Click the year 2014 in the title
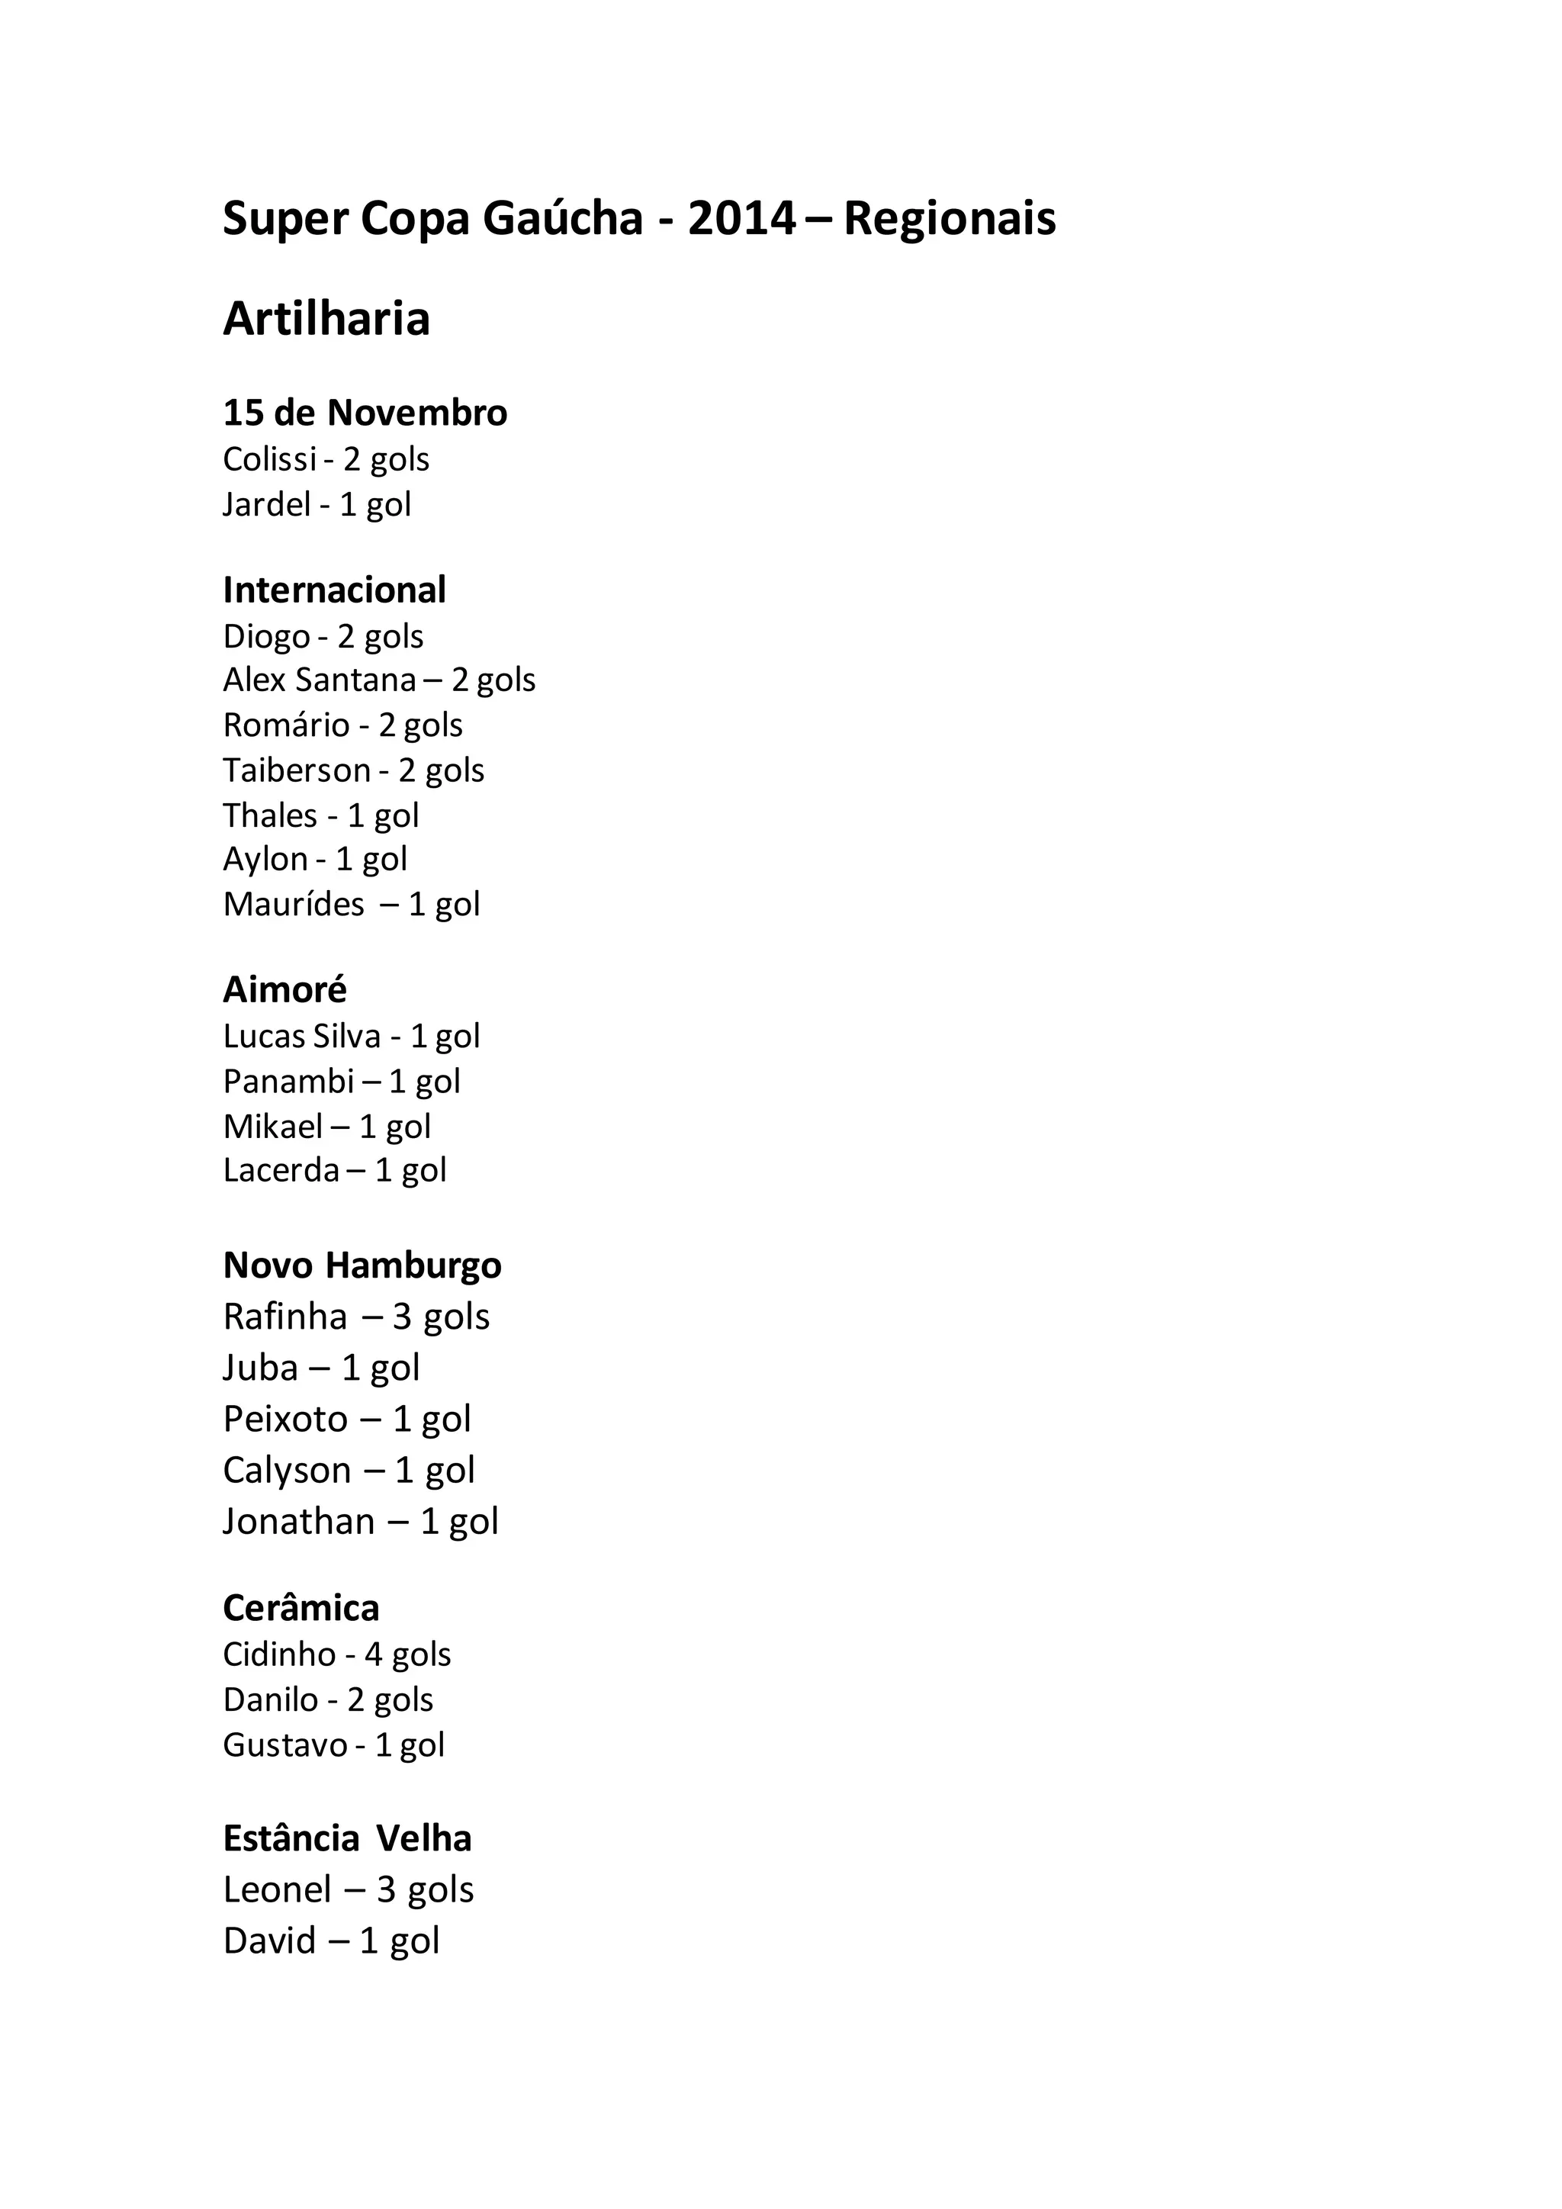741,218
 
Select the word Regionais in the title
950,218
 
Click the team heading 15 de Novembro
365,413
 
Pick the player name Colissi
269,459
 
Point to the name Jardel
266,504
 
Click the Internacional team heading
334,590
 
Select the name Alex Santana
320,680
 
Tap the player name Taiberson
296,770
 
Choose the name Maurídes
294,905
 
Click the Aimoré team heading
284,989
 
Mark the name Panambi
288,1082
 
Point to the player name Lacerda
281,1170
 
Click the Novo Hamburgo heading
362,1265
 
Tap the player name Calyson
287,1470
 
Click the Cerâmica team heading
301,1608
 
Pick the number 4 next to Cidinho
373,1654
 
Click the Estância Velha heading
347,1838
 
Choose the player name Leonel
277,1889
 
